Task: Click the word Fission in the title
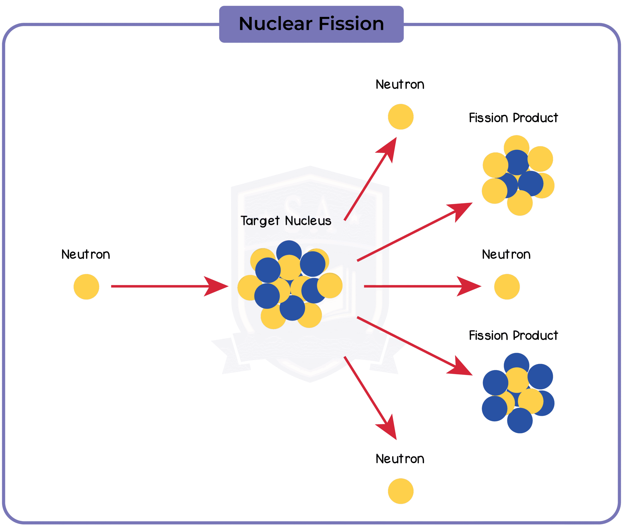[x=351, y=24]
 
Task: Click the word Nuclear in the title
[x=276, y=24]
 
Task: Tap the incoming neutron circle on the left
[x=86, y=287]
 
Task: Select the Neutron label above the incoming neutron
[x=86, y=255]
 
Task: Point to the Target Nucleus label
[x=286, y=221]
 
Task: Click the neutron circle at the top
[x=401, y=117]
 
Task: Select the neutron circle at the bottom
[x=401, y=491]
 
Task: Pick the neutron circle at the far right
[x=507, y=287]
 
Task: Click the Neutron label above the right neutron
[x=506, y=255]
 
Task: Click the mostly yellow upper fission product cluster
[x=518, y=175]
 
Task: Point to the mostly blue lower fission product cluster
[x=518, y=393]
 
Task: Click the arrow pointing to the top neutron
[x=371, y=179]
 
